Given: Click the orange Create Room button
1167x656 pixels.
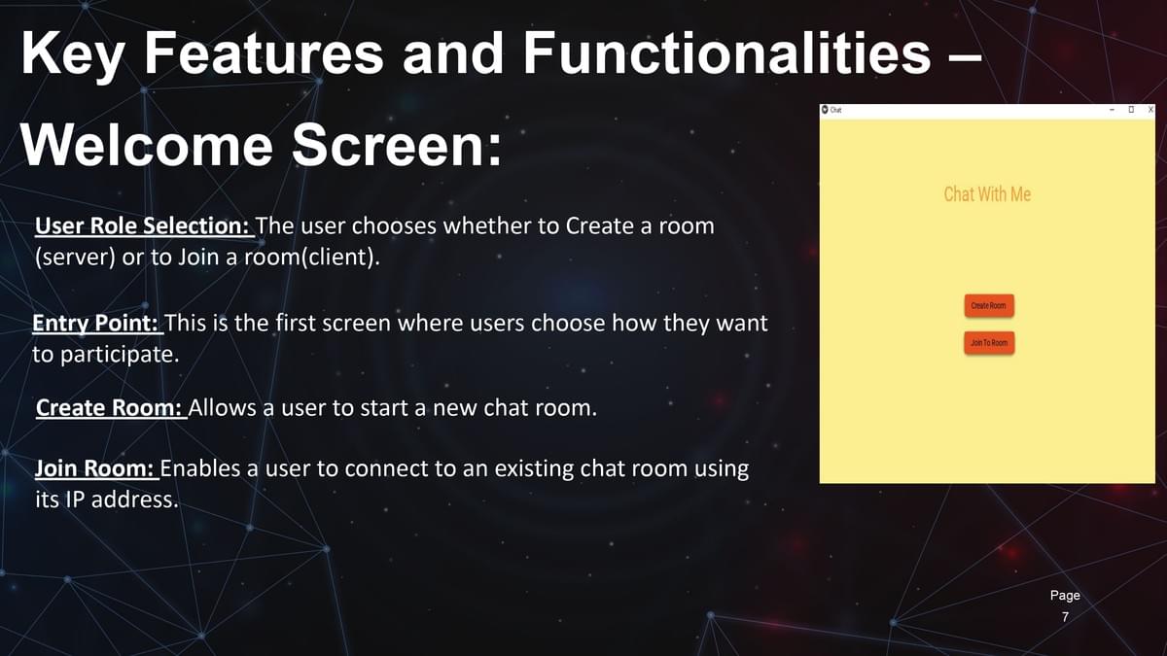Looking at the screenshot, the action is [989, 305].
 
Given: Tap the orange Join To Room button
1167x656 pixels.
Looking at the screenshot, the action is [989, 342].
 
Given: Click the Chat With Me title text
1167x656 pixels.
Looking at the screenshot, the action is [987, 194].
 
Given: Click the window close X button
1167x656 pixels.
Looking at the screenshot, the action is [1150, 109].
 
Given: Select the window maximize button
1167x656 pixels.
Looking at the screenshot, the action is [1131, 109].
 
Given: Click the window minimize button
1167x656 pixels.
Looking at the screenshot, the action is [1112, 110].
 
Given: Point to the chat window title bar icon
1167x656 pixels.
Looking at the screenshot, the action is [825, 109].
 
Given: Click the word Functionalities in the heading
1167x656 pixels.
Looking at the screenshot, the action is [726, 53].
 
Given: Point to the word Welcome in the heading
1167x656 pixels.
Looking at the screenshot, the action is [147, 144].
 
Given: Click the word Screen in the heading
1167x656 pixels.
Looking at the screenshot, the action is [397, 144].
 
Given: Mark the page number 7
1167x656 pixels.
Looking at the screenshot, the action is [1066, 617].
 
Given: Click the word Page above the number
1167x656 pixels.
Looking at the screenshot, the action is [1065, 596].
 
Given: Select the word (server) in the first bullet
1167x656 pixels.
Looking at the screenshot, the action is [75, 257].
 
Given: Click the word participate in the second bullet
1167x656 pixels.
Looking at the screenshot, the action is [120, 355].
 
